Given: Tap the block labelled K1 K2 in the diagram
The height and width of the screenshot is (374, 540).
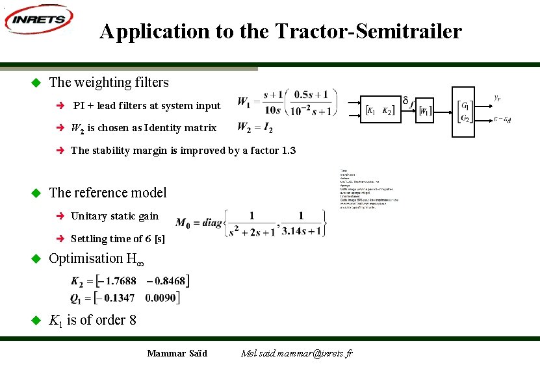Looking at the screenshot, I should coord(379,110).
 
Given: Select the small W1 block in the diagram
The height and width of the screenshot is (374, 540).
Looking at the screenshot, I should coord(424,111).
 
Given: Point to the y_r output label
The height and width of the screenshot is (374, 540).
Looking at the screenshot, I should coord(496,99).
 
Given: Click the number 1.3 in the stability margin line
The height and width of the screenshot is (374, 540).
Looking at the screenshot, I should coord(289,151).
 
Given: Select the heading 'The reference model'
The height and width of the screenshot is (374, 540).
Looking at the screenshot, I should coord(108,193).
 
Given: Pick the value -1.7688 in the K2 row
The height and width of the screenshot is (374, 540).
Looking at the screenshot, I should coord(117,281).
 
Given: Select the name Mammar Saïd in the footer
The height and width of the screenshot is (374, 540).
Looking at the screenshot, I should coord(177,353).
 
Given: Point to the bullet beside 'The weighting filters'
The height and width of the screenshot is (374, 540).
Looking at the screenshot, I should coord(36,82).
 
